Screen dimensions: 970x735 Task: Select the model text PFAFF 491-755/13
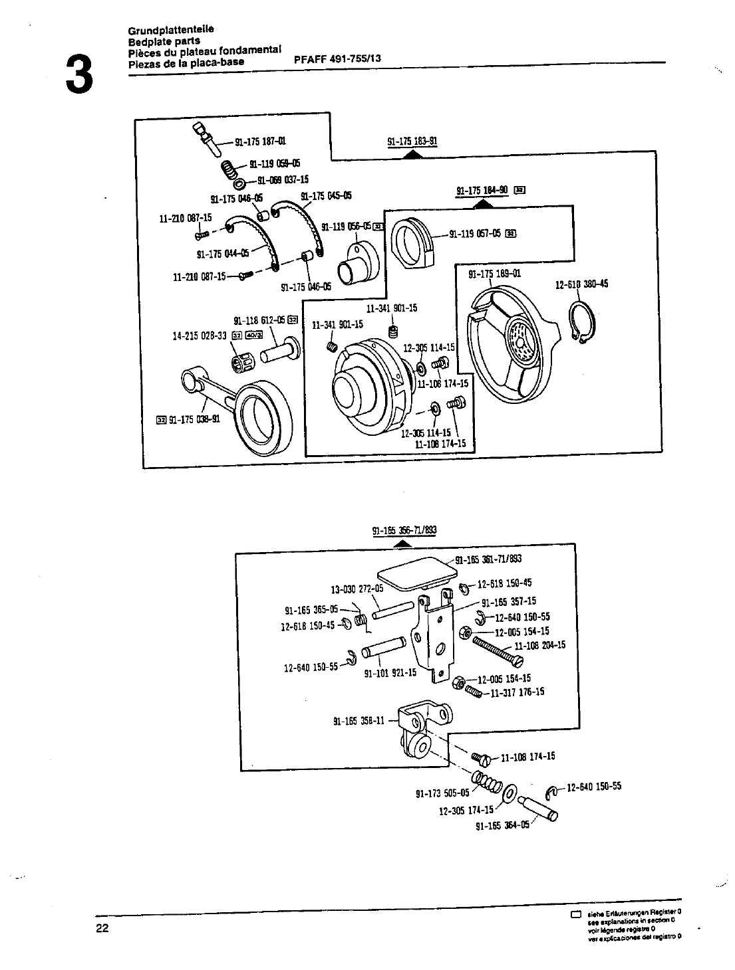click(337, 58)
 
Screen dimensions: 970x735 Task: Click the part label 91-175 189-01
click(495, 274)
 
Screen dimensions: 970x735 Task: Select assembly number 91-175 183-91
click(412, 142)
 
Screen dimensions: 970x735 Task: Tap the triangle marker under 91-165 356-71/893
click(401, 543)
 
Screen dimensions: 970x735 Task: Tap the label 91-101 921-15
click(390, 672)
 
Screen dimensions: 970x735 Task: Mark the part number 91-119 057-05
click(476, 233)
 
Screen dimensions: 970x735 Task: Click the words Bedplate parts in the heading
click(164, 41)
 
